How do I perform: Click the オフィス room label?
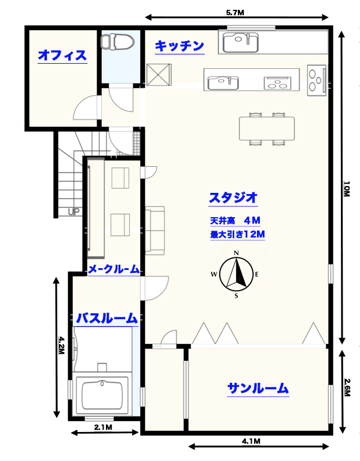pos(63,55)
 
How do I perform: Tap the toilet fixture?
pos(117,41)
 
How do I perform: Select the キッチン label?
pos(179,46)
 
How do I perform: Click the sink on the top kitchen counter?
pos(240,42)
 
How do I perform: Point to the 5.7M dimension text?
pos(235,12)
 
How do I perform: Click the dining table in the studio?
pos(267,129)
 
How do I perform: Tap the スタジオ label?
pos(233,197)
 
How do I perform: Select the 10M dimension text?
pos(347,189)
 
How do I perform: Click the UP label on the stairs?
pos(74,212)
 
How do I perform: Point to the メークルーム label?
pos(114,269)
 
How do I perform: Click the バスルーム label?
pos(106,318)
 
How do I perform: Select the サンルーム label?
pos(258,389)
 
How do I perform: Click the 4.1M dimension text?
pos(251,441)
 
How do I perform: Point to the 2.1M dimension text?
pos(103,427)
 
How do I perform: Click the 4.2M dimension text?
pos(61,345)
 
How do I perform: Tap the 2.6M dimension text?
pos(347,387)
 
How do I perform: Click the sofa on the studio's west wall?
pos(155,231)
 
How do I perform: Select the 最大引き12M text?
pos(237,235)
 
